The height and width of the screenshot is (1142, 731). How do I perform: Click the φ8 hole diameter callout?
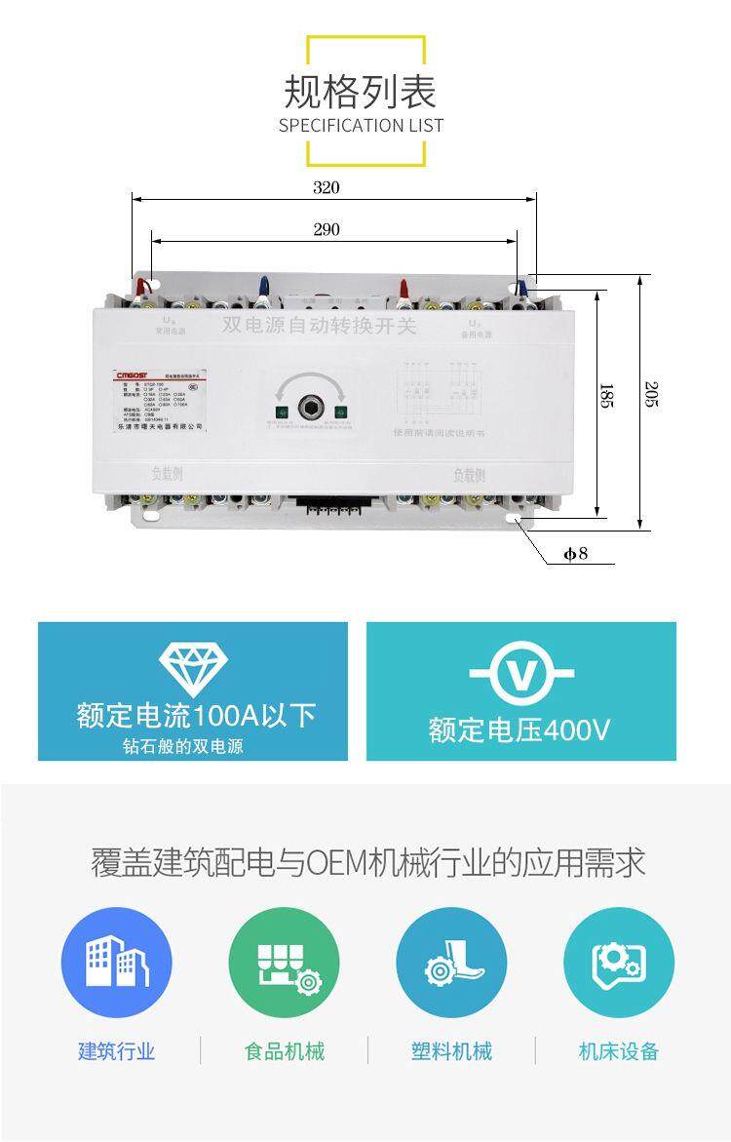click(x=576, y=555)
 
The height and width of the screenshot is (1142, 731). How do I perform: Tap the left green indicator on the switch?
click(x=280, y=411)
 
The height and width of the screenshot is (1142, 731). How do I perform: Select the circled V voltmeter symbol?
click(x=521, y=674)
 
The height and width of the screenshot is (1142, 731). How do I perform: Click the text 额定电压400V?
click(x=520, y=729)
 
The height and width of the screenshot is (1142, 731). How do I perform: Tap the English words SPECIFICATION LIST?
click(x=361, y=125)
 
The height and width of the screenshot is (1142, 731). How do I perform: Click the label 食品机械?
click(x=284, y=1051)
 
